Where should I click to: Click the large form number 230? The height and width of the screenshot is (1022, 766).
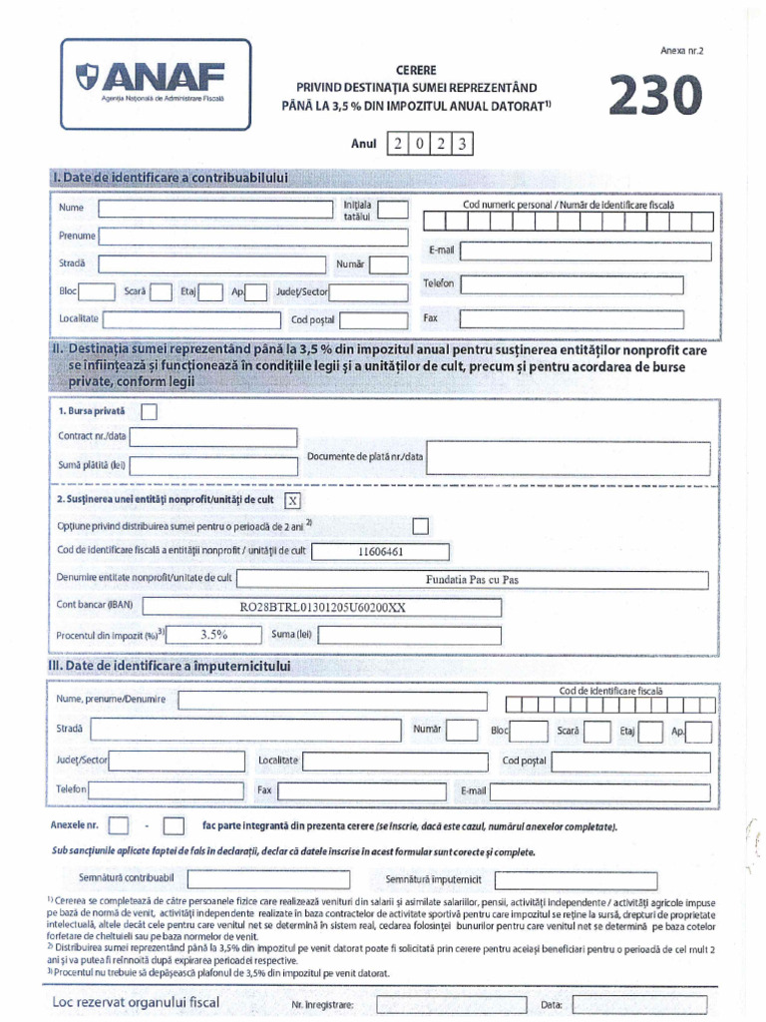655,98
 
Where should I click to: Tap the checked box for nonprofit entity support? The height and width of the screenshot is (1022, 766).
292,501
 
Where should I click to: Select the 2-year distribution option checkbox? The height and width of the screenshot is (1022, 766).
421,526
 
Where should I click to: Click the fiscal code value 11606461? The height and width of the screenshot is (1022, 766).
380,551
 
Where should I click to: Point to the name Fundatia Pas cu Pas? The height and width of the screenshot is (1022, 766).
472,580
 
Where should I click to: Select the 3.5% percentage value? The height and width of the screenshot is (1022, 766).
214,634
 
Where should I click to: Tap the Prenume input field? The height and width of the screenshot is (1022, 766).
253,237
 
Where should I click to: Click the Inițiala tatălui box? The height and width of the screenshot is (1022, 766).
393,210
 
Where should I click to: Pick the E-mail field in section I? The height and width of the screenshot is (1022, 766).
571,251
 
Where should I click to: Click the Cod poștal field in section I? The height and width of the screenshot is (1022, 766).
375,320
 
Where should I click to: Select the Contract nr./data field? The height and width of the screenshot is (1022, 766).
213,437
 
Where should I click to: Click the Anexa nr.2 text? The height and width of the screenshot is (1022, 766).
681,49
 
